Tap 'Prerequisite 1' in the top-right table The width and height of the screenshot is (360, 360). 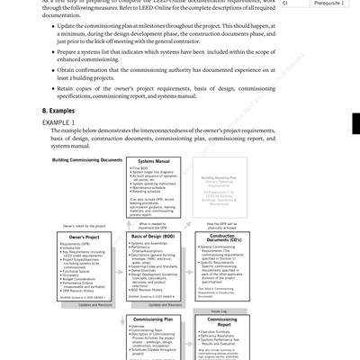(x=327, y=4)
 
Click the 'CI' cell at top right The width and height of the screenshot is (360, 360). (x=285, y=4)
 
